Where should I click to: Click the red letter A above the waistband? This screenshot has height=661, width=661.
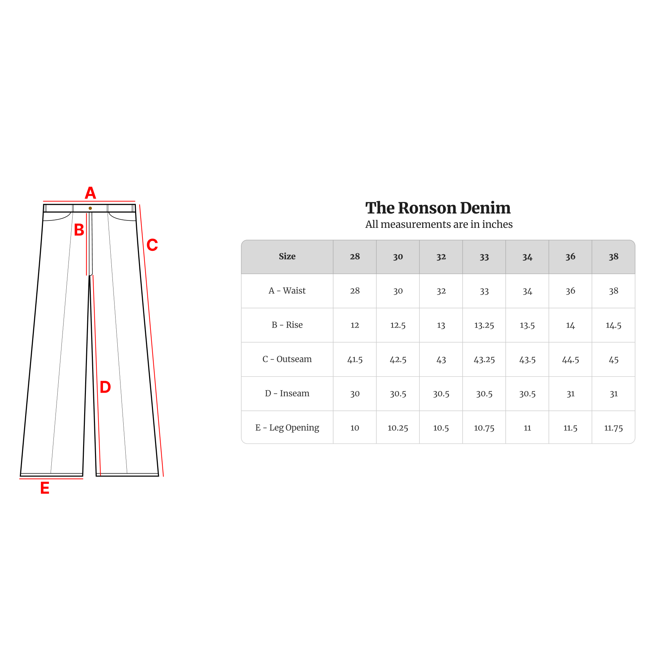pos(90,193)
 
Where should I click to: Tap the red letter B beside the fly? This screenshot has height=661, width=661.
pos(79,230)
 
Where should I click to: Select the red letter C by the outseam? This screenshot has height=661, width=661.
pos(152,245)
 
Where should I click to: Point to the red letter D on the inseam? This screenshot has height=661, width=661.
pos(105,387)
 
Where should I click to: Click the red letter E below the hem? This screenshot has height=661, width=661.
pos(45,488)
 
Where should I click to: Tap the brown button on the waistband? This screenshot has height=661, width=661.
pos(90,208)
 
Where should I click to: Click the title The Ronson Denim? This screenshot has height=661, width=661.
pos(438,208)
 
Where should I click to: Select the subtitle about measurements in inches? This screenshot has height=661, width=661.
pos(439,224)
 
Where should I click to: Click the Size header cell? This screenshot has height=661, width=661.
pos(287,256)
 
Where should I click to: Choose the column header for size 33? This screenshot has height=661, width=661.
pos(484,257)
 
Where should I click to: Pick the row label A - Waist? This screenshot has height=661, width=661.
pos(287,291)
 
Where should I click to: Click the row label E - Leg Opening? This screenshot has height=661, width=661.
pos(287,428)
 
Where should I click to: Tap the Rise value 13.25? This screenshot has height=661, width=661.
pos(484,325)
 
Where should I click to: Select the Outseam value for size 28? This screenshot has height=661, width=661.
pos(355,359)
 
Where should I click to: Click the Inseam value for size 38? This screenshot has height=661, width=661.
pos(614,394)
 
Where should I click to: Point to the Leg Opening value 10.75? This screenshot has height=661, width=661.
pos(484,428)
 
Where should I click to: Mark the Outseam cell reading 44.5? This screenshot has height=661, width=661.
pos(570,359)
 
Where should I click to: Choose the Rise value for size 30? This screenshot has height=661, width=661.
pos(398,325)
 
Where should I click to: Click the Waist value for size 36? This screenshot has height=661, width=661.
pos(570,291)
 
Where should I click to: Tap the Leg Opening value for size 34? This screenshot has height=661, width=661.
pos(527,428)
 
